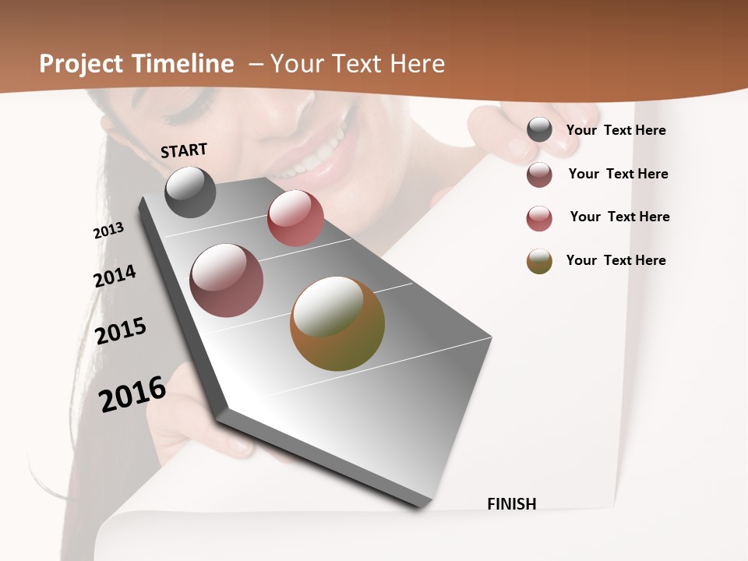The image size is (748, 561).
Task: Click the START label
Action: click(184, 150)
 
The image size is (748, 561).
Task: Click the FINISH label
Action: click(512, 504)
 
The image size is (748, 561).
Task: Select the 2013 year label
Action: click(108, 231)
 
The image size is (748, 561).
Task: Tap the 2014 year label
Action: click(115, 276)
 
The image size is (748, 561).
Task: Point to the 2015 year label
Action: click(121, 331)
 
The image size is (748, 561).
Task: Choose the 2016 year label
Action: click(132, 393)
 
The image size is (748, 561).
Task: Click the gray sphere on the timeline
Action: click(190, 192)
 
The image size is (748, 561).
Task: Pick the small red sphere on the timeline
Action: click(295, 218)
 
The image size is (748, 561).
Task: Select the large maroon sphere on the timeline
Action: click(227, 280)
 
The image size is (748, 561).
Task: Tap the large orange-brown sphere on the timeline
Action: click(337, 323)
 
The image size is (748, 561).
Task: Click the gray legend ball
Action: click(539, 129)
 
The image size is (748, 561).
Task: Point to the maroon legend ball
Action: click(539, 175)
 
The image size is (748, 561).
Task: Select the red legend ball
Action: click(539, 218)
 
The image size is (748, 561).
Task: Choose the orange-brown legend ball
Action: click(539, 261)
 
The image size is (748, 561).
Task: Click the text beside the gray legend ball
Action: click(616, 130)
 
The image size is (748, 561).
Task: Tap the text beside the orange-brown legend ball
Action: click(616, 260)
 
